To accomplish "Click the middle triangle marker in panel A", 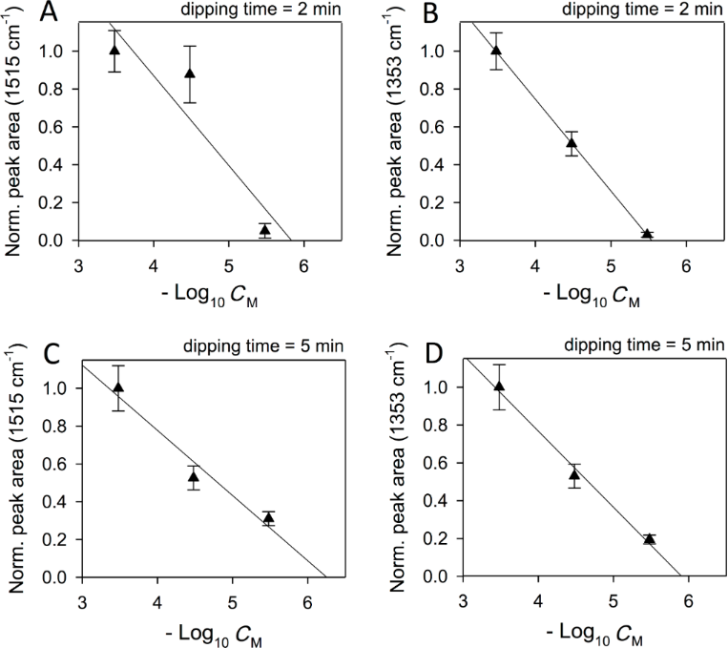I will pyautogui.click(x=190, y=73).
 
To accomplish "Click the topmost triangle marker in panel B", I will pyautogui.click(x=495, y=51).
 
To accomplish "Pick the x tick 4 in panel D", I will pyautogui.click(x=537, y=599).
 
